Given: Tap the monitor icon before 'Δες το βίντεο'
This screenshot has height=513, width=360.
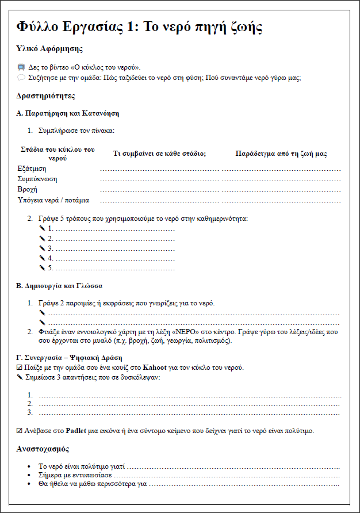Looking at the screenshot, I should click(21, 67).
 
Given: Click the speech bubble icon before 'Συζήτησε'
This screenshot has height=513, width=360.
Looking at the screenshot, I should click(21, 77).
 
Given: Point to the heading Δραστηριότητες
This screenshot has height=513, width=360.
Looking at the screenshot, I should click(46, 95).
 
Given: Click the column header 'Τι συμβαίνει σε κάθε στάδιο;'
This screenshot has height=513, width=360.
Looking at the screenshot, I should click(159, 154).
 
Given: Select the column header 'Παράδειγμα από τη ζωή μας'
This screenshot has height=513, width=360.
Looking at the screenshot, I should click(281, 154).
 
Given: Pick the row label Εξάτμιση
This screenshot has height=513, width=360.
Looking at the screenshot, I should click(32, 169).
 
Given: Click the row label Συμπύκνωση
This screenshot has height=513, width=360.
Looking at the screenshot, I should click(37, 179).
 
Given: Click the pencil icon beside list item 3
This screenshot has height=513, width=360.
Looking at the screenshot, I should click(42, 248).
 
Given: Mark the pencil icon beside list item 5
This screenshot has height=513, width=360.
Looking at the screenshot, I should click(42, 268).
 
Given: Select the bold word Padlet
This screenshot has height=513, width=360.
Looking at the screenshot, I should click(76, 431).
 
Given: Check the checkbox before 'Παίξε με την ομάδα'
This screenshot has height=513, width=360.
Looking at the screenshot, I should click(20, 367).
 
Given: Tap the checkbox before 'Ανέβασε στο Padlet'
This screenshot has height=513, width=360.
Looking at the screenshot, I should click(20, 431).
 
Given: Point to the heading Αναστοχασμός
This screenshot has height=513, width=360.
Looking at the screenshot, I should click(44, 449).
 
